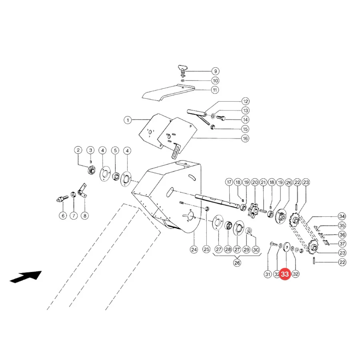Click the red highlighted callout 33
tap(285, 274)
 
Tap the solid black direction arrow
tap(26, 277)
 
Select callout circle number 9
tap(215, 71)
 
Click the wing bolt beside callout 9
tap(183, 71)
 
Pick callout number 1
tap(128, 120)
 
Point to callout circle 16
tap(245, 138)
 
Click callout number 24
tap(194, 250)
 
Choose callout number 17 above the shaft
tap(229, 182)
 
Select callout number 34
tap(342, 216)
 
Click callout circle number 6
tap(63, 216)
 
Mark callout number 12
tap(246, 101)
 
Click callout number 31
tap(268, 274)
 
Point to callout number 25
tap(206, 249)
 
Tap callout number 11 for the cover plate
tap(215, 90)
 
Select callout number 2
tap(78, 150)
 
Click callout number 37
tap(342, 244)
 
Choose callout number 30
tap(256, 250)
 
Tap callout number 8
tap(85, 216)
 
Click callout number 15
tap(245, 129)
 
